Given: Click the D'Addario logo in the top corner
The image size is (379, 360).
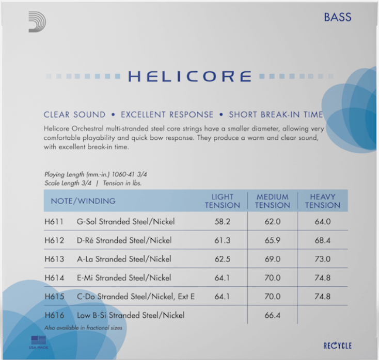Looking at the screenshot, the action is (37, 22).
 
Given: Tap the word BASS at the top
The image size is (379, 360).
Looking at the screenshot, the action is (337, 17).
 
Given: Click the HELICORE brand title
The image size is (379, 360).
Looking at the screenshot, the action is (189, 76).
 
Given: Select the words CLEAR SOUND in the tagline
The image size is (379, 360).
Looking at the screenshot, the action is (74, 114).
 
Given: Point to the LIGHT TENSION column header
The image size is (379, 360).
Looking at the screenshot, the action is (223, 201).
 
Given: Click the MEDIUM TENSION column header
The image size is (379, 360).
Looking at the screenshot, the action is (273, 201).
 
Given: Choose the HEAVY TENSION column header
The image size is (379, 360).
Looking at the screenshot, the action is (322, 201).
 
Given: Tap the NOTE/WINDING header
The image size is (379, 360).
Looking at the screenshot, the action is (83, 201).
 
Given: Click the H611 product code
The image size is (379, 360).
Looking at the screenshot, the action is (54, 222).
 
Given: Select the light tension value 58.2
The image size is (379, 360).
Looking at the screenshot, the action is (223, 222).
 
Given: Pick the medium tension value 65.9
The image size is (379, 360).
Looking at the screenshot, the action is (273, 240).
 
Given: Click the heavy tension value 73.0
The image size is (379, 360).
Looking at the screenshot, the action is (322, 259).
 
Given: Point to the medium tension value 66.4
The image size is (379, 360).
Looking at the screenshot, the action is (273, 315).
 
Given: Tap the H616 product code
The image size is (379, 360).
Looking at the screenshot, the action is (54, 315).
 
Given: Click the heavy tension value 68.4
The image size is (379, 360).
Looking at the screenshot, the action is (322, 240).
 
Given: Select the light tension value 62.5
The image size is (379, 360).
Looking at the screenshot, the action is (223, 259).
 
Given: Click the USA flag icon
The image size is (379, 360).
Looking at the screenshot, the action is (38, 340).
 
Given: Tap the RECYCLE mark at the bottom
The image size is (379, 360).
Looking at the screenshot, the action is (337, 346).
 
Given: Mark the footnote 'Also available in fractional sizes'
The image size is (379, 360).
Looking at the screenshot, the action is (83, 328).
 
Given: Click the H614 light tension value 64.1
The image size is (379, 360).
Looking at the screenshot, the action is (223, 278).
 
